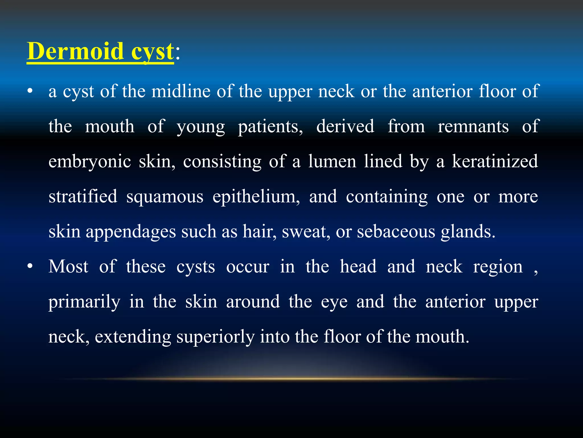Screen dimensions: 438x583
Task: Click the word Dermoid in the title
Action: (x=75, y=51)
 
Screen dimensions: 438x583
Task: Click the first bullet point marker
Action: (x=30, y=92)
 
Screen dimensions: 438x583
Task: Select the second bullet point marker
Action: (x=30, y=267)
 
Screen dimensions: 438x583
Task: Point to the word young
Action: (x=201, y=127)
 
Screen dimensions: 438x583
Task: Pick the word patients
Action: (x=270, y=127)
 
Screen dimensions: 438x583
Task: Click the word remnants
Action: (x=473, y=127)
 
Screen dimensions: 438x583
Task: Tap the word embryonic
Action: (x=89, y=162)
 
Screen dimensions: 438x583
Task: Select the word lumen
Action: (x=332, y=162)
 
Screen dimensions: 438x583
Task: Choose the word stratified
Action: (x=83, y=197)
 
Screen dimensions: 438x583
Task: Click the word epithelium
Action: (x=256, y=197)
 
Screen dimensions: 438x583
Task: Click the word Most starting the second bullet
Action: (x=68, y=267)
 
